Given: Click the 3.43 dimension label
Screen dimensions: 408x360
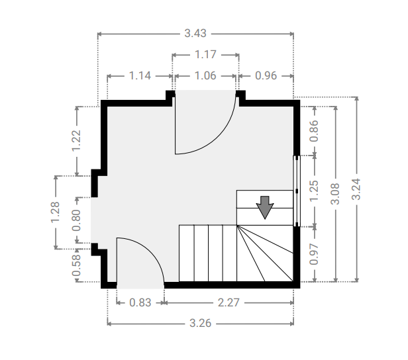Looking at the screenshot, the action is coord(195,34).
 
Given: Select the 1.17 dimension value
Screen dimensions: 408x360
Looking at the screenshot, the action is coord(205,54).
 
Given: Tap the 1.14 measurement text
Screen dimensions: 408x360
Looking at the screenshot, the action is coord(140,76).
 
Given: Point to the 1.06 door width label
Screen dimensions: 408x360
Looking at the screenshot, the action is coord(205,76).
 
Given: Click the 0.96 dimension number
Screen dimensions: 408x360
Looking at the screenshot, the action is coord(266,76).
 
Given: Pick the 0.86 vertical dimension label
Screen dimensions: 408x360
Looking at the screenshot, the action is coord(314,131).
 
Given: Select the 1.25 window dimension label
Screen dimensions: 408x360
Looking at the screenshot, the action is coord(314,191).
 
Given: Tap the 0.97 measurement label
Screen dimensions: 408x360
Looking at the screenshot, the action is coord(314,254).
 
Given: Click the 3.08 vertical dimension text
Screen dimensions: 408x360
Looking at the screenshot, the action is coord(335,194).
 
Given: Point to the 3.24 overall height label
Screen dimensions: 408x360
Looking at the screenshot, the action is coord(356,189).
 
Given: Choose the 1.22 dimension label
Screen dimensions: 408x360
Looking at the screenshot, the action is coord(77,140).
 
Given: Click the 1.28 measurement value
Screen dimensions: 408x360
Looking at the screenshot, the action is coord(55,212).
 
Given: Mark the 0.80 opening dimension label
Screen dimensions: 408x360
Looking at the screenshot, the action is coord(77,220).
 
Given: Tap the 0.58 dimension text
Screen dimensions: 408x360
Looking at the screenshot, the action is coord(77,265).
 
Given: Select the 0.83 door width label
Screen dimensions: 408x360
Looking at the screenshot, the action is coord(140,303).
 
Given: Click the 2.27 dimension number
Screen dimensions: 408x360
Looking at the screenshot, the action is coord(229,303).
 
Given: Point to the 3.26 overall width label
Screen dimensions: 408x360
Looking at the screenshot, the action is coord(200,324).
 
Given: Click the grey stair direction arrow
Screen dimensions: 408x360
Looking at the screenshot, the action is coord(265,207).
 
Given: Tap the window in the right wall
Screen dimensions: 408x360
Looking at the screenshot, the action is coord(297,191).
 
